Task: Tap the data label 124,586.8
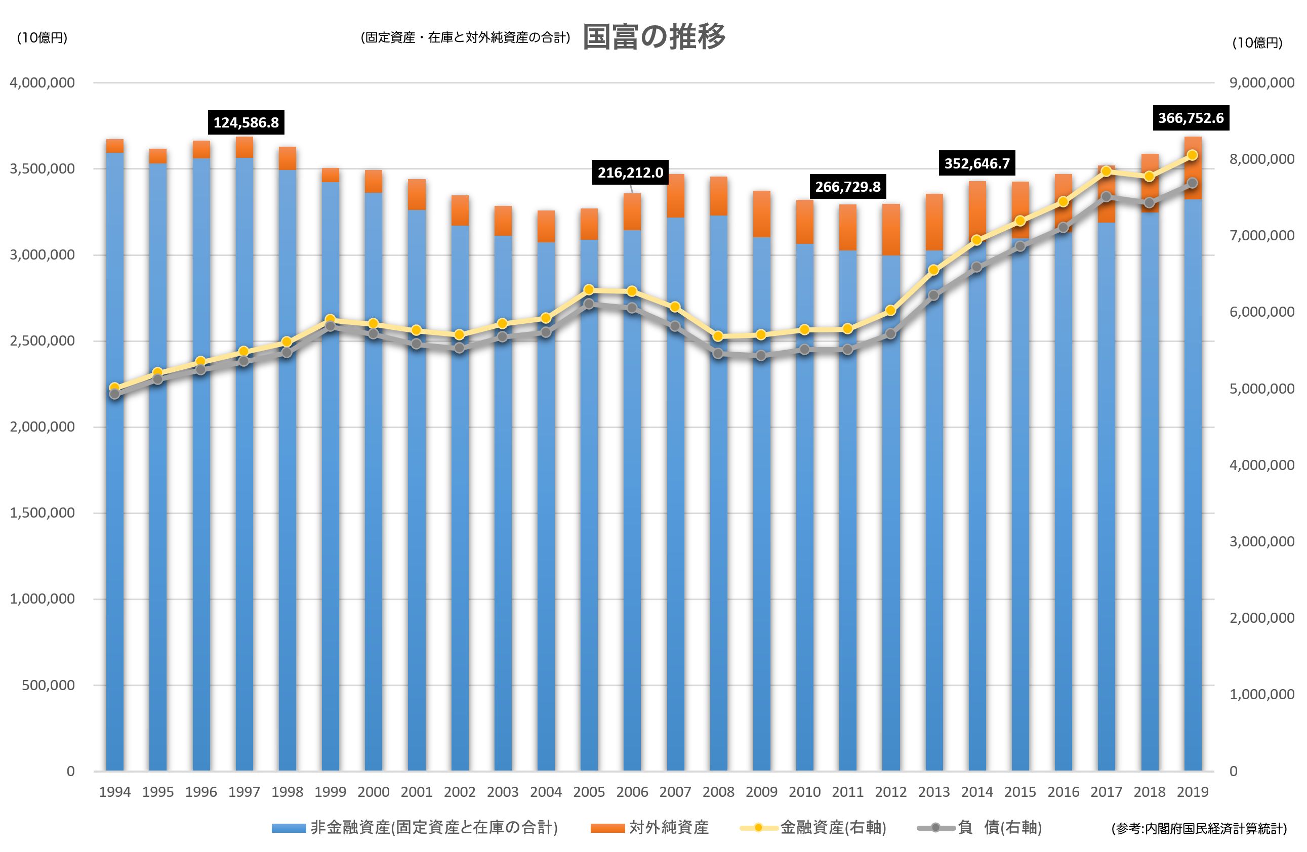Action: click(246, 122)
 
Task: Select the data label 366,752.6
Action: click(1191, 117)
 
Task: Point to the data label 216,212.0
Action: click(630, 173)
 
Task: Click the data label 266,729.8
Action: click(847, 187)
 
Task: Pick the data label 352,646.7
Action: click(977, 163)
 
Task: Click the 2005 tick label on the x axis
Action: click(589, 792)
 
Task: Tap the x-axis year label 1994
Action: click(115, 792)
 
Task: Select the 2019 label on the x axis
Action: click(1192, 792)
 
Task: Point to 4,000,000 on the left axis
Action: click(43, 83)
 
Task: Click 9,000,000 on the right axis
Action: click(1262, 83)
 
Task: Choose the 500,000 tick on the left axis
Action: click(48, 685)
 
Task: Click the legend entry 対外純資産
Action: click(649, 827)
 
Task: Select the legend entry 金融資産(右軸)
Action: click(813, 827)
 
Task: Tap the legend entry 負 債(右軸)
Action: click(979, 827)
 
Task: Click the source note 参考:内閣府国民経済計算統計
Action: click(1199, 828)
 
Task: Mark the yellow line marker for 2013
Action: click(933, 270)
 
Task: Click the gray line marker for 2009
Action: click(761, 356)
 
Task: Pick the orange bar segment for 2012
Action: click(891, 230)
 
